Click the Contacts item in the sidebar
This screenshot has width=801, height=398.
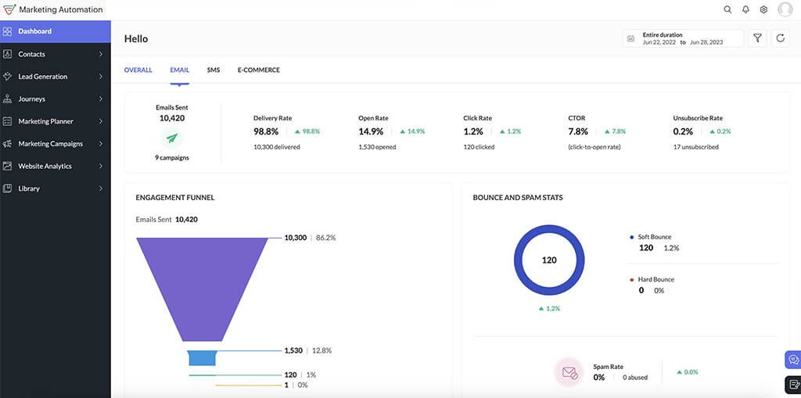(x=32, y=54)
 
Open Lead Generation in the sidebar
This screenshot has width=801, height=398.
(x=42, y=77)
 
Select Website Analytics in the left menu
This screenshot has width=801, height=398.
(x=45, y=166)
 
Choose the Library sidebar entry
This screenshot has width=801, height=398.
(x=28, y=188)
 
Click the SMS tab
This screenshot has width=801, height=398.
(x=213, y=70)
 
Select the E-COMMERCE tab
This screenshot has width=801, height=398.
(x=258, y=70)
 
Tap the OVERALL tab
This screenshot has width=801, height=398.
(x=138, y=70)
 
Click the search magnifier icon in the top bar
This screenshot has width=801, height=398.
(x=727, y=9)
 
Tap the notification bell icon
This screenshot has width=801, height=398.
(x=745, y=9)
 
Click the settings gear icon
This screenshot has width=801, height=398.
(x=763, y=9)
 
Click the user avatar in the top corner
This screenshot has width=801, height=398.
(x=785, y=9)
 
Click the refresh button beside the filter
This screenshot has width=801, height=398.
(x=780, y=38)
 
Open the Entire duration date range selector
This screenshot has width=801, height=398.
(x=683, y=38)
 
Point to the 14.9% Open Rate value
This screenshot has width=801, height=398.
(x=371, y=131)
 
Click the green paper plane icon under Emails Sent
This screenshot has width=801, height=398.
(x=172, y=138)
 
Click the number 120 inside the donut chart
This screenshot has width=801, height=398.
(x=549, y=260)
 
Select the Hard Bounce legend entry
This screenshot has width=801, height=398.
(x=656, y=279)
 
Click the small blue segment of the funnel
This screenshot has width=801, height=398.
(x=203, y=357)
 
